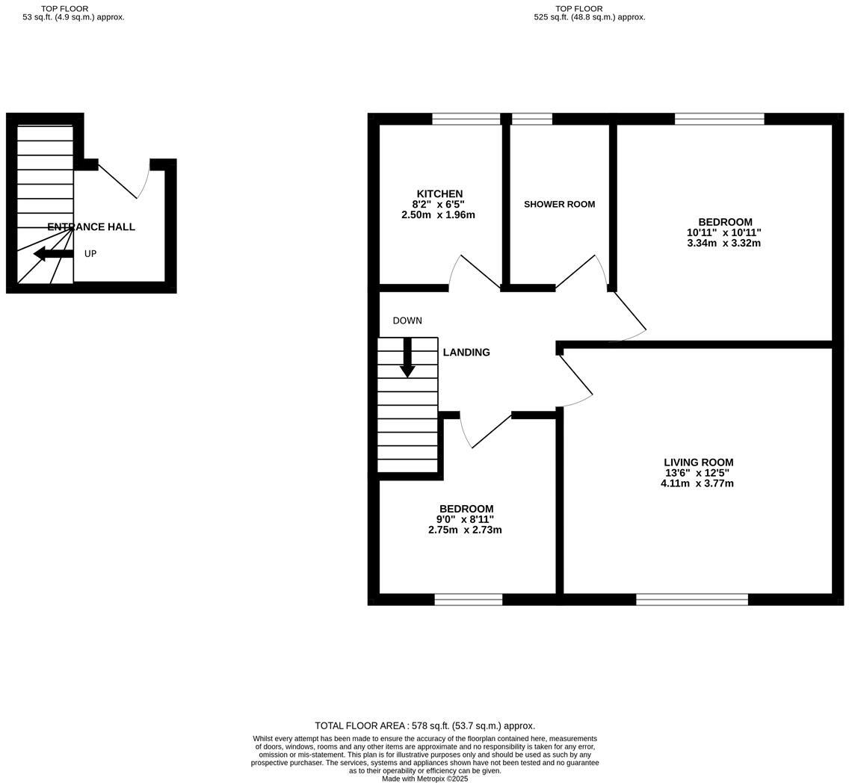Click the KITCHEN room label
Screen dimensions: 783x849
click(x=439, y=194)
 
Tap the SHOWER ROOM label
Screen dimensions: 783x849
click(x=559, y=204)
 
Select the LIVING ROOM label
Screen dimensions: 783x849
click(x=698, y=462)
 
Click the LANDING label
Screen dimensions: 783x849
click(x=466, y=353)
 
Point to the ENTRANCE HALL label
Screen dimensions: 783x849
click(x=91, y=227)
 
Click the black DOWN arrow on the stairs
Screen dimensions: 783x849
click(x=407, y=358)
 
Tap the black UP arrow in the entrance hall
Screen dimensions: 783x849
click(x=53, y=254)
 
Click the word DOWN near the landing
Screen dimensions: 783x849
click(x=407, y=321)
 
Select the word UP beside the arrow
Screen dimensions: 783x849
click(x=90, y=254)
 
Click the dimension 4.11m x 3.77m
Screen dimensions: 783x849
click(x=697, y=483)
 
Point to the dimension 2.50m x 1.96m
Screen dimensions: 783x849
click(x=438, y=214)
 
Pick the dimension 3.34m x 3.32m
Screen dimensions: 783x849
click(x=723, y=243)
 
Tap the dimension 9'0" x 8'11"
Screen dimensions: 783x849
click(x=465, y=519)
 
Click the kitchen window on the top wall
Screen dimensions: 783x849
click(x=466, y=119)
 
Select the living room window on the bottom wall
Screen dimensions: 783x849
click(x=691, y=599)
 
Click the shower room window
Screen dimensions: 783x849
click(x=532, y=119)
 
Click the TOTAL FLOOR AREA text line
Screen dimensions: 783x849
click(x=424, y=725)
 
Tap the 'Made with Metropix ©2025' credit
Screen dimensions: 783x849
click(x=424, y=779)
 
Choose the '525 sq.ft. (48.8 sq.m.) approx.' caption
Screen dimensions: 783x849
click(x=589, y=17)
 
